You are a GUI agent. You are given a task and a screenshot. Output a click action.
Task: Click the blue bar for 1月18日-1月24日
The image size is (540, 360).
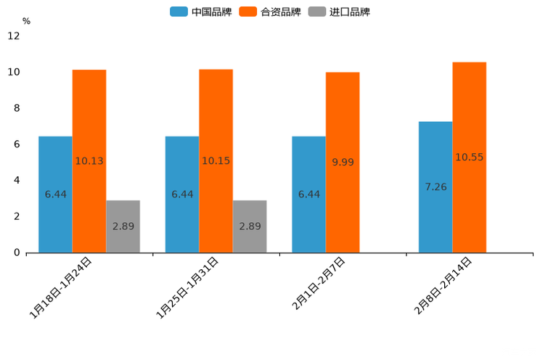[55, 194]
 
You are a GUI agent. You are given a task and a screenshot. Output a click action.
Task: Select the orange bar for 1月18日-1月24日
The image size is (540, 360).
[89, 160]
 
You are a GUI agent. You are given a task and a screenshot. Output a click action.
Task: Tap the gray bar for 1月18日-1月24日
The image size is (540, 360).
[123, 226]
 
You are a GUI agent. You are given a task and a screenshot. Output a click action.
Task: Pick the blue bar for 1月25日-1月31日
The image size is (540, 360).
[182, 194]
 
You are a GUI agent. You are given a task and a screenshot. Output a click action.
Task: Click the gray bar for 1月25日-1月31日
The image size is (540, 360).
[250, 226]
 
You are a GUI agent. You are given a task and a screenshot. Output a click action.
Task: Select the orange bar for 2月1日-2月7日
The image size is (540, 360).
[343, 162]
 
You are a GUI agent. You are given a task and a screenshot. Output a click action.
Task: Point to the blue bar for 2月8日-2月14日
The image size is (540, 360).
[435, 187]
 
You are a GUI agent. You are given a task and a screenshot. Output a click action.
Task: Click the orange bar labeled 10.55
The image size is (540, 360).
[470, 157]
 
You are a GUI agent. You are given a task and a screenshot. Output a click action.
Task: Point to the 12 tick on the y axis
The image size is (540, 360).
[14, 36]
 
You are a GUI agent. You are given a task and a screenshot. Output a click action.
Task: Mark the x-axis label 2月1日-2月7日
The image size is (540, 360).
[319, 284]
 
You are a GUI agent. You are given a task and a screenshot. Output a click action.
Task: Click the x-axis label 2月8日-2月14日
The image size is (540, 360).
[443, 285]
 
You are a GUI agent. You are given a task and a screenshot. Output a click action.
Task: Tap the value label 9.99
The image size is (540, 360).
[343, 162]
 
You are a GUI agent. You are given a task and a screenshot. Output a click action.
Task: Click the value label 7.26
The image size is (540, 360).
[435, 187]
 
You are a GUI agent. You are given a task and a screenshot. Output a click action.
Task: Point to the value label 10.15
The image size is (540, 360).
[216, 160]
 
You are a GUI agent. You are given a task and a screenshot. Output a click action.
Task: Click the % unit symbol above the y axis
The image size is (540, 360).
[26, 21]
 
